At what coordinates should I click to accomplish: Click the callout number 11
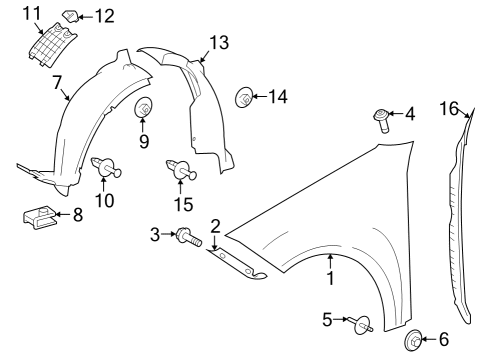coord(32,14)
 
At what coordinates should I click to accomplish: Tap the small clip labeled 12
coord(71,15)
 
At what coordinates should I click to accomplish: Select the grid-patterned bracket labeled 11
coord(52,45)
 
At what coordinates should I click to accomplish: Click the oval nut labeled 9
coord(143,107)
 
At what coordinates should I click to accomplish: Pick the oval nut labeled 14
coord(244,97)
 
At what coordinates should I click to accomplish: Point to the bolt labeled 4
coord(381,120)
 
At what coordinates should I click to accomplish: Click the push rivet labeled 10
coord(106,166)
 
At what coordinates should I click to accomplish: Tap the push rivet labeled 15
coord(181,170)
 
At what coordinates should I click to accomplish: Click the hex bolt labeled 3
coord(189,236)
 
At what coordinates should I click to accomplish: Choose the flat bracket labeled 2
coord(237,264)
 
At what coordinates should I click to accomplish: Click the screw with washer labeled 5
coord(361,324)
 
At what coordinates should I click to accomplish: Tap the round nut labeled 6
coord(413,340)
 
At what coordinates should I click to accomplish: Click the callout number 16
coord(449,109)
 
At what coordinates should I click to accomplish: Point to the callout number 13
coord(219,43)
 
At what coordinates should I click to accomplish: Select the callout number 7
coord(57,82)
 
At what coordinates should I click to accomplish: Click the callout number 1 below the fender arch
coord(330,278)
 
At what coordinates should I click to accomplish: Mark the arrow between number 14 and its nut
coord(260,97)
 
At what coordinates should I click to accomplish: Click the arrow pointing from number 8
coord(62,214)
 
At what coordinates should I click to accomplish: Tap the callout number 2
coord(216,226)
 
